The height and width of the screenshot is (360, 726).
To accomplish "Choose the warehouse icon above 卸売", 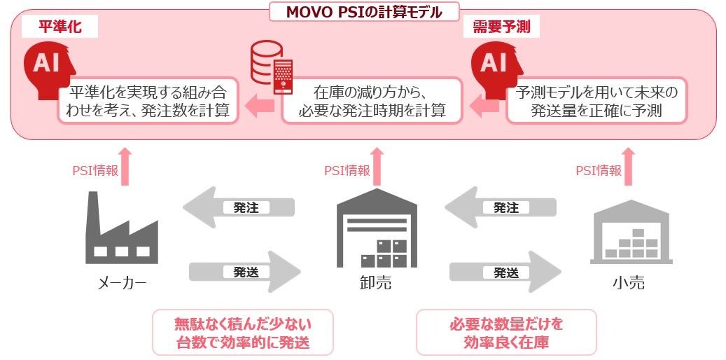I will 376,227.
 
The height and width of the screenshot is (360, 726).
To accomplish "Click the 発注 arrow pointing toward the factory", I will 239,207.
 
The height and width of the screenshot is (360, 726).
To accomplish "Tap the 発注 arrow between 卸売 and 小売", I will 501,207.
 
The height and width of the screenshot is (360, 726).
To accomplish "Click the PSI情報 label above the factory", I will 95,171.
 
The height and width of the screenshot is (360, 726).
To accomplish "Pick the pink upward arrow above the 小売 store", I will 629,165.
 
